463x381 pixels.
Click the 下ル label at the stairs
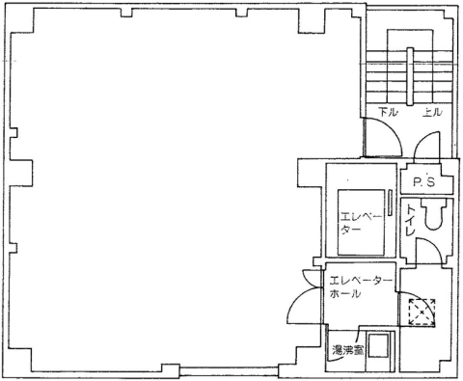389,112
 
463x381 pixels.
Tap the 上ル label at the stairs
432,112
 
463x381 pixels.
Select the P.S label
424,182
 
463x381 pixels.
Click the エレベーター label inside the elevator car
361,223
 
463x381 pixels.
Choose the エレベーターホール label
361,287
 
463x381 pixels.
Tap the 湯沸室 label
347,351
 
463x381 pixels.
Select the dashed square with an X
422,312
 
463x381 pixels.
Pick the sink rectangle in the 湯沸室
378,346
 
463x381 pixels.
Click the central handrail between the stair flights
410,76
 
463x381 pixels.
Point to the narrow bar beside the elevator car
390,204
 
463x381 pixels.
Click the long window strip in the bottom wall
229,371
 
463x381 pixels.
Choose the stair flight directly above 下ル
387,77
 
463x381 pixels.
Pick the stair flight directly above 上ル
433,77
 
